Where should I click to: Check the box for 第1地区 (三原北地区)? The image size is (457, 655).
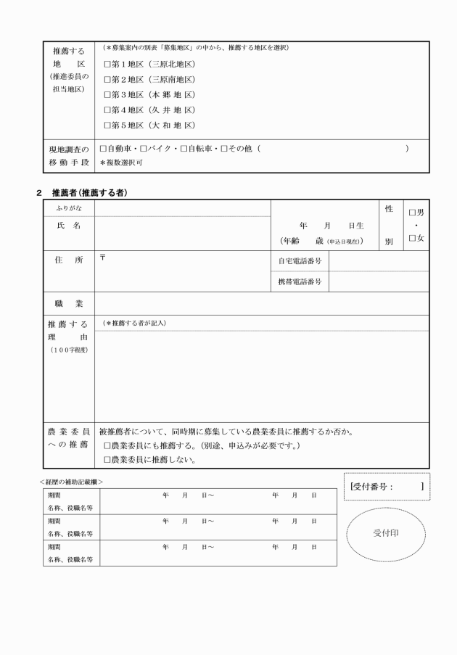point(107,64)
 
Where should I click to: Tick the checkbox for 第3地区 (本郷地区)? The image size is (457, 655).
point(107,95)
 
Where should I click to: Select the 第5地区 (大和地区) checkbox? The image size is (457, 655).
point(107,125)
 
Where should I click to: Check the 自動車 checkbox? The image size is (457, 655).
point(103,149)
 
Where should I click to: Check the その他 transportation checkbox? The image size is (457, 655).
point(225,149)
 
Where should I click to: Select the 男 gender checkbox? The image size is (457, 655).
point(412,213)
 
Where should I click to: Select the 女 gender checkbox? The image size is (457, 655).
point(412,238)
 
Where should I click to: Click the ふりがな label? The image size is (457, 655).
point(68,208)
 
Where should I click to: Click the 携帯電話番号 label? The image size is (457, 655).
point(300,281)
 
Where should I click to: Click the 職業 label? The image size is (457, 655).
point(68,303)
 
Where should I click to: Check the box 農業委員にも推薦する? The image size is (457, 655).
point(107,445)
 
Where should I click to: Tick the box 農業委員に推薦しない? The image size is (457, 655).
point(107,459)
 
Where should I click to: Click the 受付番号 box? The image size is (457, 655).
point(386,486)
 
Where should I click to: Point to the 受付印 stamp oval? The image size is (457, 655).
point(386,532)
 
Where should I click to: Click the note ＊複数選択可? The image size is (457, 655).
point(121,162)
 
